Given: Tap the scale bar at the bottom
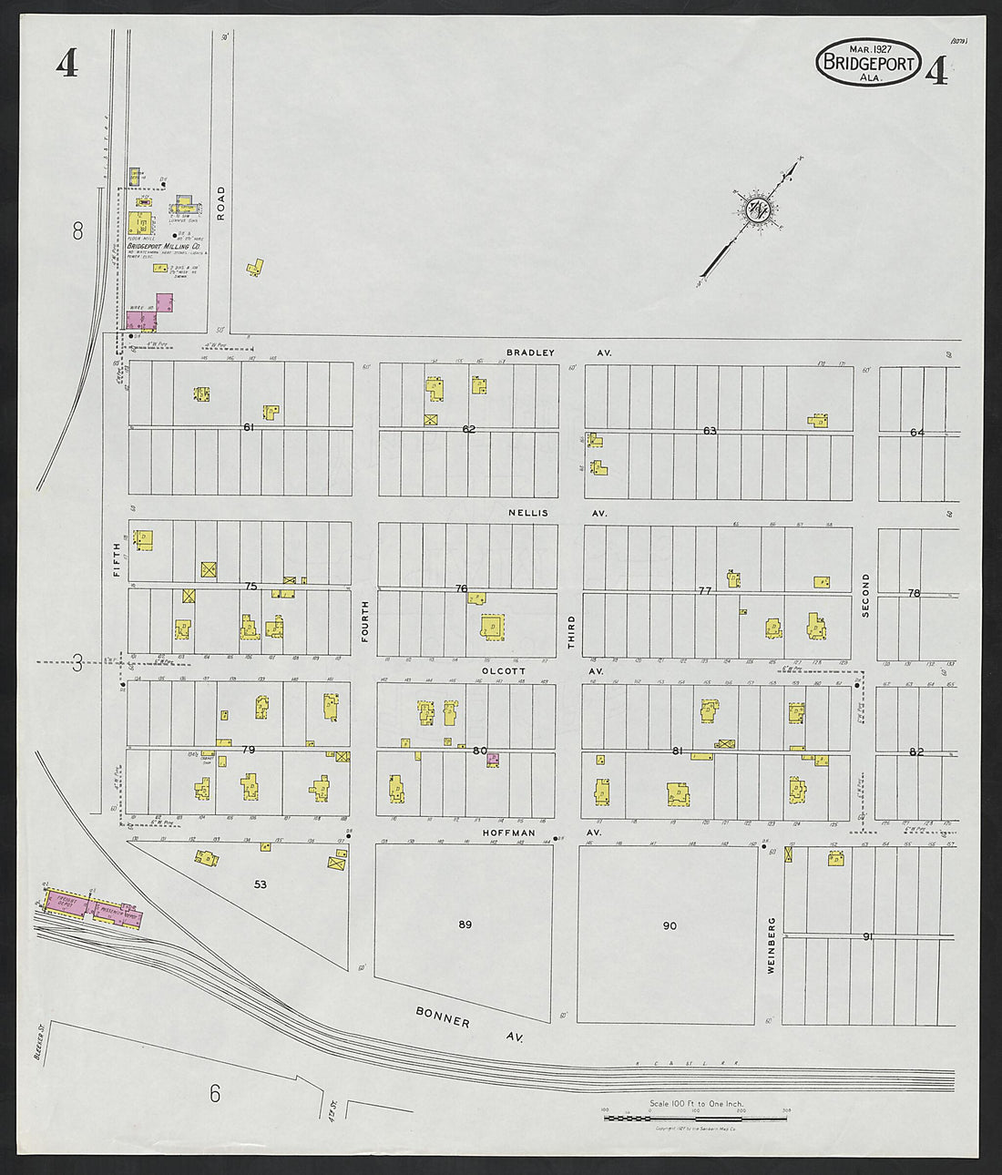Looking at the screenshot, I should coord(696,1116).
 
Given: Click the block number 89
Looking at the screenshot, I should coord(465,925).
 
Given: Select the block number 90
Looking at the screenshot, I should coord(670,925).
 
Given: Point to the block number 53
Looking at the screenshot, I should coord(261,884).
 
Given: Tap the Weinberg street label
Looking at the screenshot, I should coord(771,946).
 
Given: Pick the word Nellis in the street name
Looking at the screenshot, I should coord(528,513).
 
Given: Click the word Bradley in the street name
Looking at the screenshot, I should coord(530,352).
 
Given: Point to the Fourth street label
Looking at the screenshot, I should coord(365,622).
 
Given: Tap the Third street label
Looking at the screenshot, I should coord(572,631).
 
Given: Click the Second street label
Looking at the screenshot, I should coord(865,596).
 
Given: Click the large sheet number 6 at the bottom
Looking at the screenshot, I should coord(215,1093).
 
